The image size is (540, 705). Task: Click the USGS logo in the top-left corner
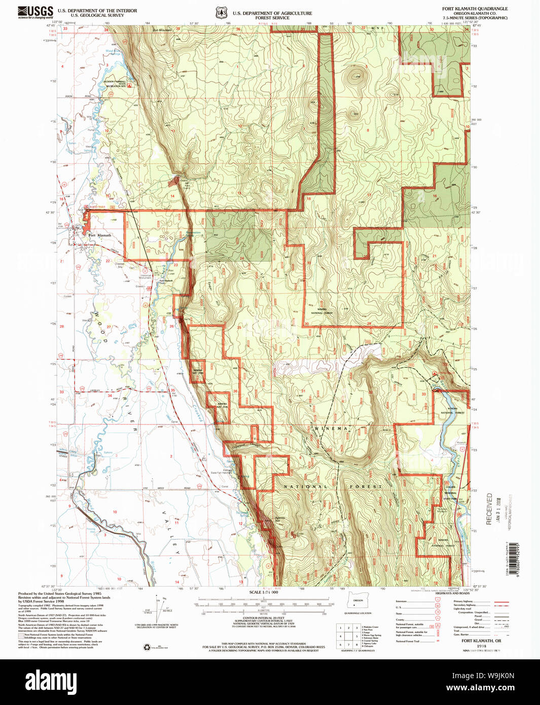click(35, 12)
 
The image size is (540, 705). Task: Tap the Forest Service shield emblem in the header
click(220, 13)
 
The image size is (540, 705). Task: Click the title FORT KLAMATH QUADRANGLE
click(475, 9)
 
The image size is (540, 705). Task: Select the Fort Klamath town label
click(99, 235)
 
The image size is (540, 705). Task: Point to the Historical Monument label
click(146, 276)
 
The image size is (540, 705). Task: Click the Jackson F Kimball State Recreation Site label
click(116, 84)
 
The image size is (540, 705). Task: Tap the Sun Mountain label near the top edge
click(162, 30)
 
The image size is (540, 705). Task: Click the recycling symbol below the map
click(147, 647)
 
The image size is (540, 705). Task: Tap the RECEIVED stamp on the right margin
click(489, 509)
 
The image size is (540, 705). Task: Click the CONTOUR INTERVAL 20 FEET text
click(263, 618)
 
